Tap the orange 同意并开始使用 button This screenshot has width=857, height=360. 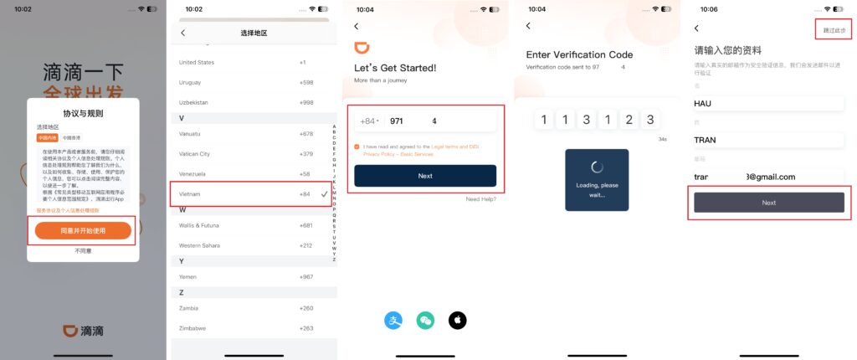pos(83,230)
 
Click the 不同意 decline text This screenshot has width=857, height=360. pos(83,250)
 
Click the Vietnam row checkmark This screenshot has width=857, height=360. pos(324,193)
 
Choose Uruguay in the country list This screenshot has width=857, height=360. pos(193,82)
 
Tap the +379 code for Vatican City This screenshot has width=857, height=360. pos(307,154)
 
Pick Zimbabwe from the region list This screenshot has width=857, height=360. pos(192,328)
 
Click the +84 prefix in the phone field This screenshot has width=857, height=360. pos(367,121)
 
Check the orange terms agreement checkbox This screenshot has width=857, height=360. pos(357,147)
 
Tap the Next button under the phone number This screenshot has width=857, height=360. pos(424,176)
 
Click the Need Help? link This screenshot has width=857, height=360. pos(480,199)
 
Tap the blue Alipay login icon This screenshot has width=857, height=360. pos(393,320)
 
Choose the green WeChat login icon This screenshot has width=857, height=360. pos(425,320)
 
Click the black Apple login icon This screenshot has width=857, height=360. pos(457,320)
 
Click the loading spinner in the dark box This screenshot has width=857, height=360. pos(597,167)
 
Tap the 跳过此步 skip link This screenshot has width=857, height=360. pos(834,29)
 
